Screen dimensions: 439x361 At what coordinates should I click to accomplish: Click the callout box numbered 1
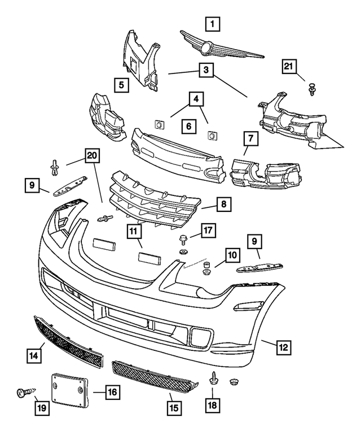click(x=212, y=24)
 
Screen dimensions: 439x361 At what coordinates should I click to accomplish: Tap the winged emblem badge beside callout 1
click(x=221, y=46)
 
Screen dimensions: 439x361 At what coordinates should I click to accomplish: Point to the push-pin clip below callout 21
click(x=311, y=88)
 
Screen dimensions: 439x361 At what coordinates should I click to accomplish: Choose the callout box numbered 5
click(x=121, y=85)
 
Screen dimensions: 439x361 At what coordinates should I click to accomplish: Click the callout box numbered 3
click(x=205, y=71)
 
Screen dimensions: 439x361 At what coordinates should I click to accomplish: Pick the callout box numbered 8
click(x=223, y=204)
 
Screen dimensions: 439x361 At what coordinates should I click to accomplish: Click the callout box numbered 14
click(x=34, y=356)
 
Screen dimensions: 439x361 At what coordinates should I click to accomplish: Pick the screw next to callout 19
click(x=25, y=391)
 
